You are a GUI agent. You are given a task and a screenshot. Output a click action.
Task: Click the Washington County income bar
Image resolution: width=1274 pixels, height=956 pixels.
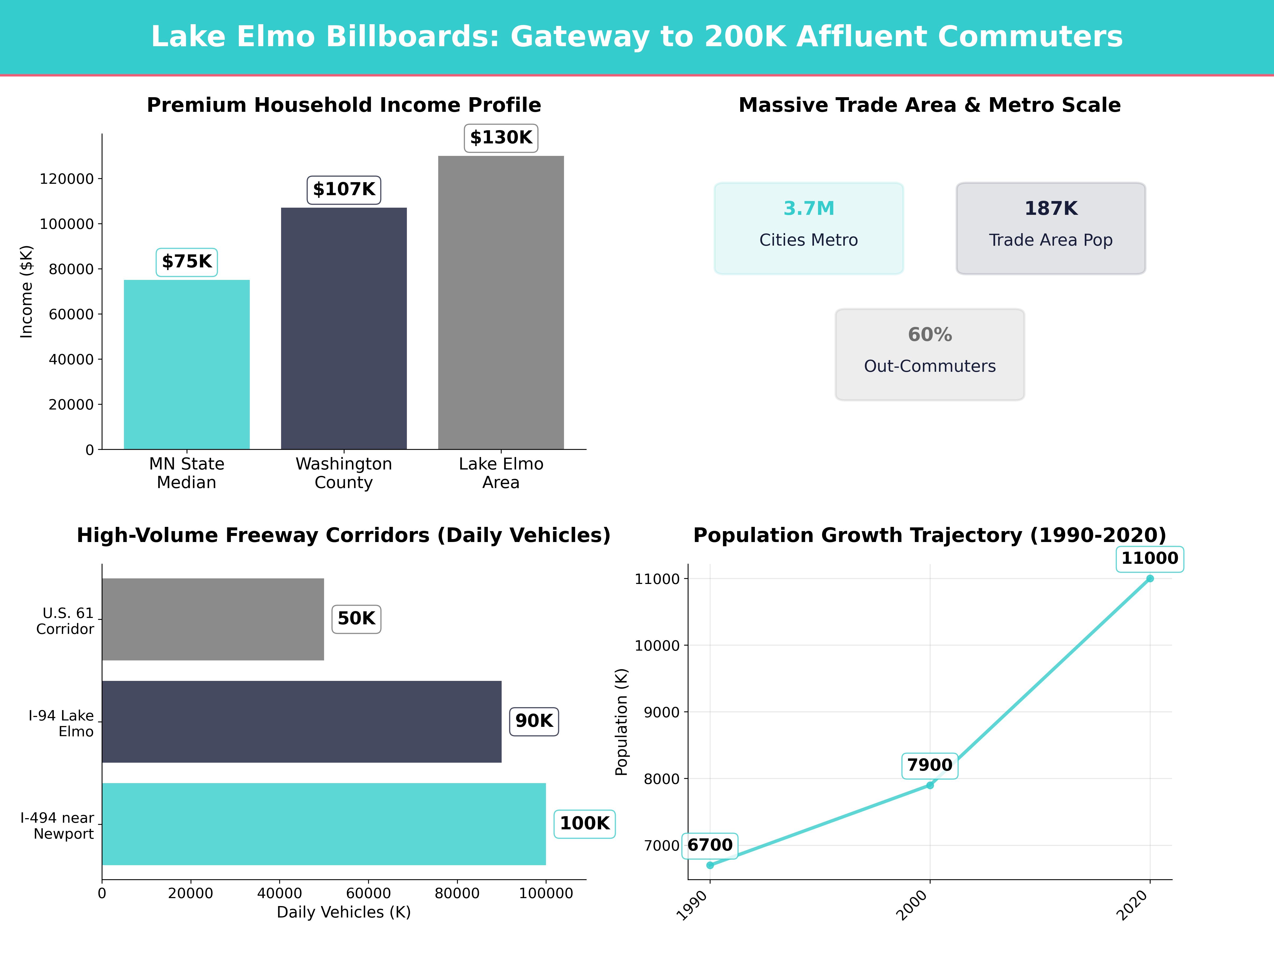pyautogui.click(x=344, y=328)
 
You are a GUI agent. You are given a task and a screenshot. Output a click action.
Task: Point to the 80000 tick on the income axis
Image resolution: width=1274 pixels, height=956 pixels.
pyautogui.click(x=71, y=269)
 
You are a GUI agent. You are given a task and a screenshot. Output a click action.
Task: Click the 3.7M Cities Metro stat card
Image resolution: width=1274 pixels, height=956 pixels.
pyautogui.click(x=809, y=228)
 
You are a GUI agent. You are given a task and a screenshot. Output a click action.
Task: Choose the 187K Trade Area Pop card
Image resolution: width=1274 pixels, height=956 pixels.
pyautogui.click(x=1051, y=228)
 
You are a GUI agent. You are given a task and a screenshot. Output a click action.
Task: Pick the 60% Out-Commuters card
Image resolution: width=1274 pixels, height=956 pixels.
pyautogui.click(x=929, y=355)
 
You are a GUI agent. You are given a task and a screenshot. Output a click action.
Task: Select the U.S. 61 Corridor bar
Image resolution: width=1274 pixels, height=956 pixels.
pyautogui.click(x=213, y=620)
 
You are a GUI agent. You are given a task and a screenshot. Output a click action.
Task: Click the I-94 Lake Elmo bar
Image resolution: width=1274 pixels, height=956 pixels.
pyautogui.click(x=301, y=722)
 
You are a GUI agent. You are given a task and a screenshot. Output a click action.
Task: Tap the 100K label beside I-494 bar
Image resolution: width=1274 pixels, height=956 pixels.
pyautogui.click(x=585, y=823)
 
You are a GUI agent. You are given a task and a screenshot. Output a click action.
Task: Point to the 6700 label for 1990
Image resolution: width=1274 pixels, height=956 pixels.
pyautogui.click(x=709, y=845)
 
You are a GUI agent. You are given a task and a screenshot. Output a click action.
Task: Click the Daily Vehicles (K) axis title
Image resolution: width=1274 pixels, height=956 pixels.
pyautogui.click(x=344, y=912)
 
